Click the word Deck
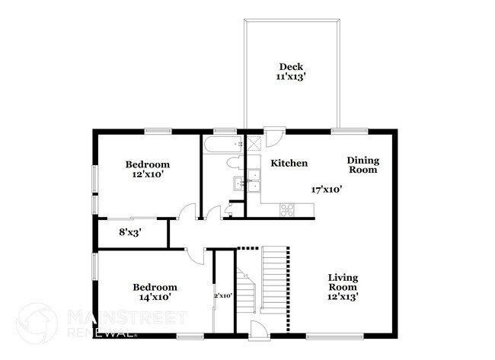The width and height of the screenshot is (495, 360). (x=291, y=66)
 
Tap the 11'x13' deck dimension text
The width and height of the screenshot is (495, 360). (x=291, y=77)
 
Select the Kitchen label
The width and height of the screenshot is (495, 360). (x=289, y=163)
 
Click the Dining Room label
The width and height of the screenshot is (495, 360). (x=363, y=165)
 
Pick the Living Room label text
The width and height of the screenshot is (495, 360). (x=343, y=282)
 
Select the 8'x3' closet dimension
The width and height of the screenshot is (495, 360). (x=129, y=232)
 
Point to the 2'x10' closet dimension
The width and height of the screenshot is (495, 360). (x=222, y=295)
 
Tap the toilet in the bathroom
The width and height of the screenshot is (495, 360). (x=235, y=162)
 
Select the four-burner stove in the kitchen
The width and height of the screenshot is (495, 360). (x=288, y=209)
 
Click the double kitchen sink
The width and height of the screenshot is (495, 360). (x=247, y=183)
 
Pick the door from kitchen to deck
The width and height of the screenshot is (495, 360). (x=273, y=139)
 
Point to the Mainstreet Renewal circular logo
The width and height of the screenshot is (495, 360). (x=36, y=323)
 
